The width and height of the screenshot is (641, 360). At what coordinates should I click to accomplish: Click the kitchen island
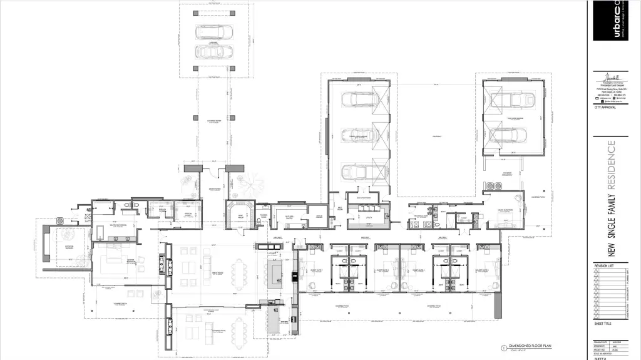(x=276, y=274)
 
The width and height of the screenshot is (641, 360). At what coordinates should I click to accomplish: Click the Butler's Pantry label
(x=289, y=216)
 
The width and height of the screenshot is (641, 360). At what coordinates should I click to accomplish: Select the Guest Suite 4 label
(x=484, y=270)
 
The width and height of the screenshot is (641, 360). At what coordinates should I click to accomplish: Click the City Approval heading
(x=605, y=108)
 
